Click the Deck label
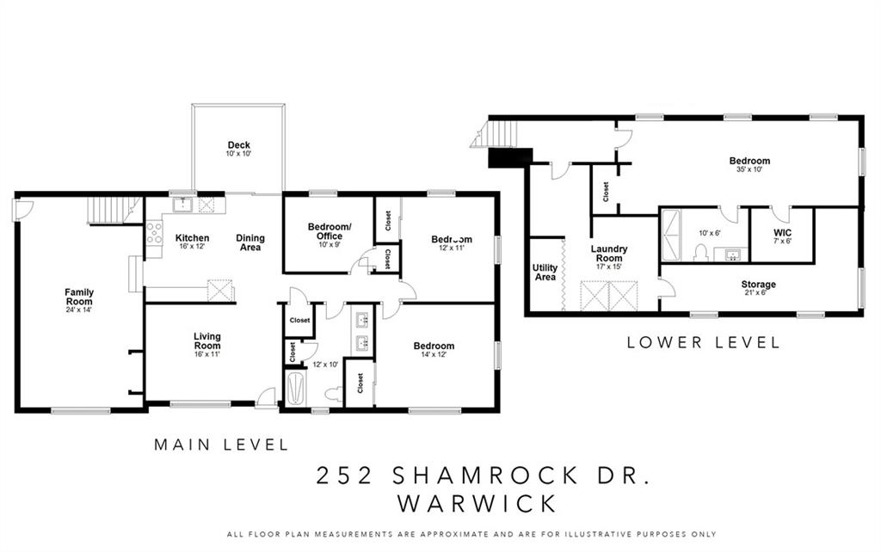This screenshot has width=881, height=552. tap(239, 145)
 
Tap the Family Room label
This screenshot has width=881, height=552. tap(79, 297)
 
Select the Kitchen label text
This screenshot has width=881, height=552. tap(192, 238)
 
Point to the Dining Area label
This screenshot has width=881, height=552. tap(250, 242)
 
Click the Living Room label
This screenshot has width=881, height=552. tap(207, 340)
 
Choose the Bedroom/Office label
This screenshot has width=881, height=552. tap(330, 231)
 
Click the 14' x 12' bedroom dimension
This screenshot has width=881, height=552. tap(434, 354)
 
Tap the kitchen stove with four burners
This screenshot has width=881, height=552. tap(154, 232)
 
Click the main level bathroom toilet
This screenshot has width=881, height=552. tap(334, 394)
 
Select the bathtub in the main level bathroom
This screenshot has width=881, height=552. tap(296, 389)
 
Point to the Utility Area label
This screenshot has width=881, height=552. tap(545, 273)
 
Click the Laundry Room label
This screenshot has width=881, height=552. tap(609, 254)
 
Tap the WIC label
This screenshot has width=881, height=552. tap(783, 232)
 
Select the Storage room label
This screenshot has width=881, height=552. tap(759, 284)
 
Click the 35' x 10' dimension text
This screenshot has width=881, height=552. tap(749, 169)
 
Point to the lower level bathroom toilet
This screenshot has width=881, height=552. tap(700, 254)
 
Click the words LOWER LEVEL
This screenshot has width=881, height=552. tap(704, 342)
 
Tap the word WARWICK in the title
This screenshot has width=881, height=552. tap(477, 503)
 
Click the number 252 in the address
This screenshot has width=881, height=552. tap(345, 475)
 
